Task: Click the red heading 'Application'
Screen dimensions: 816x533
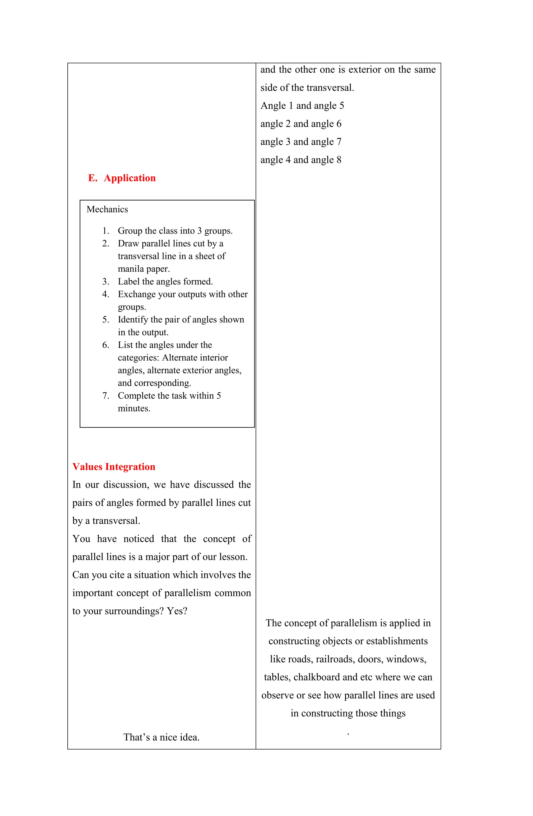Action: point(130,178)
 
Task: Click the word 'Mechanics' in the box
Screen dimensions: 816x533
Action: point(107,209)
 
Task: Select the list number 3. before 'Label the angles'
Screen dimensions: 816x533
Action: point(105,281)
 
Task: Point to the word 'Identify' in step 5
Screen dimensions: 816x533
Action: point(133,319)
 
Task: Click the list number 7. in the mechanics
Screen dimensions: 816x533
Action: point(105,396)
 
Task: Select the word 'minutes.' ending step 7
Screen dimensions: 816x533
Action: point(134,408)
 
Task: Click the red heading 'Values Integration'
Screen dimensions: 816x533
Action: point(114,467)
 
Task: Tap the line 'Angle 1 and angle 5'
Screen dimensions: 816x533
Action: point(302,106)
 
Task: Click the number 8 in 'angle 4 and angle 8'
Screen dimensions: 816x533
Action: point(339,160)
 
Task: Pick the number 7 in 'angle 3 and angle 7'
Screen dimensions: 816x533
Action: point(339,141)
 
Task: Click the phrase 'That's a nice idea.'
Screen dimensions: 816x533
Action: point(161,737)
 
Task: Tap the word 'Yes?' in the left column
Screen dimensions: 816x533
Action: point(177,611)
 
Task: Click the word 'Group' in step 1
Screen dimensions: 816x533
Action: point(130,231)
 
